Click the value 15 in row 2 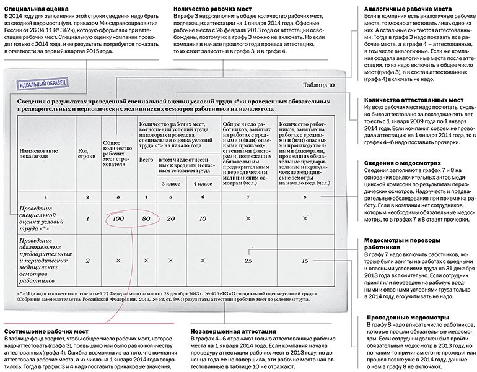(x=305, y=261)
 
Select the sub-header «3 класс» (x=172, y=184)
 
